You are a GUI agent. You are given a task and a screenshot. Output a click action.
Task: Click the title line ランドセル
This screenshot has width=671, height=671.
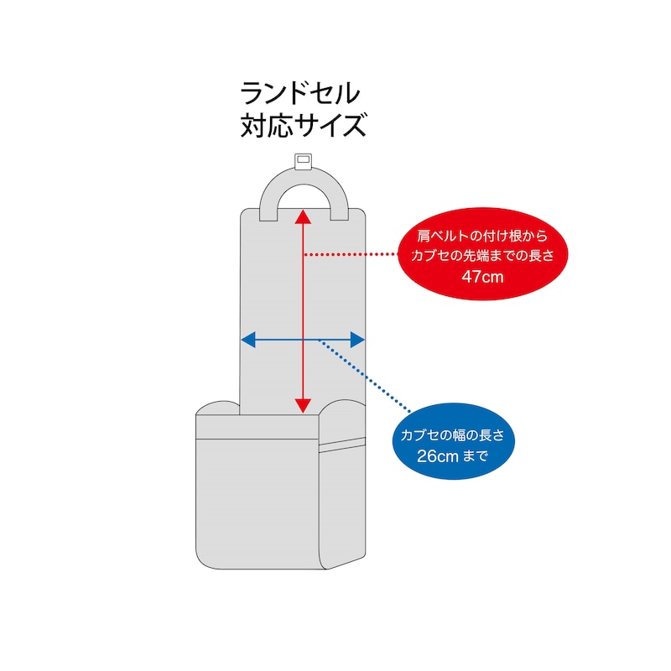300,93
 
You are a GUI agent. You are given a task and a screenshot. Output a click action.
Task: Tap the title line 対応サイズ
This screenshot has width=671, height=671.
304,125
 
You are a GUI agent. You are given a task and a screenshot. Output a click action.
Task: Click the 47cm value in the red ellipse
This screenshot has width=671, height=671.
482,277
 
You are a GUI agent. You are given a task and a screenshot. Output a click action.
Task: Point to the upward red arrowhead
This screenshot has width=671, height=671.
303,216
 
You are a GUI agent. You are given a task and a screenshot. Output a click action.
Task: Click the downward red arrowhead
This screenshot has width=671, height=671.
303,405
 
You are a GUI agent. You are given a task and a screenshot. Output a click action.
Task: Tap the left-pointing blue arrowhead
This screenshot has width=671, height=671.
248,340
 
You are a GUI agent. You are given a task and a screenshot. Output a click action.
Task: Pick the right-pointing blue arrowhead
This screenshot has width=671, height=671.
357,340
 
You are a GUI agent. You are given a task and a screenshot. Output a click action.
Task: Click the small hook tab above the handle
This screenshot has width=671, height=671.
304,161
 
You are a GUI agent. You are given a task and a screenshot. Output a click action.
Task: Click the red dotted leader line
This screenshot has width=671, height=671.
351,254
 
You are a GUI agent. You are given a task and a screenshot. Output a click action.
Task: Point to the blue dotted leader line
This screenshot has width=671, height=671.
364,376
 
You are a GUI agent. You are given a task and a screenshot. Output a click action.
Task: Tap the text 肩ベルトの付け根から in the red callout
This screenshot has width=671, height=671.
482,236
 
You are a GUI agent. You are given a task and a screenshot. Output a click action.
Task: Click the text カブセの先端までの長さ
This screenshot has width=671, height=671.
482,256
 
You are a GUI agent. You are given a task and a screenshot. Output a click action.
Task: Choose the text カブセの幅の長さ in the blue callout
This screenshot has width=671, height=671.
453,435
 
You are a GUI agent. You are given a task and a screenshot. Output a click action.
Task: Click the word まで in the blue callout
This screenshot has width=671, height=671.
476,456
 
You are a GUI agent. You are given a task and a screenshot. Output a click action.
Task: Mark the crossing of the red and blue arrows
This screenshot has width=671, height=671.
303,340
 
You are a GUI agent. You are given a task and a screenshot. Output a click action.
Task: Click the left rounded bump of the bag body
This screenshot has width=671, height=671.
218,408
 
